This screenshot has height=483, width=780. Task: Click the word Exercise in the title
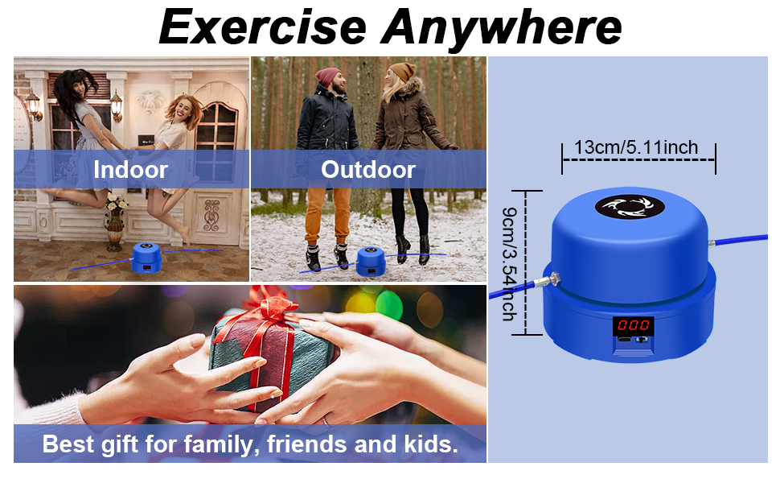click(x=263, y=27)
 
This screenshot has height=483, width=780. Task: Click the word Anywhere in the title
click(x=501, y=30)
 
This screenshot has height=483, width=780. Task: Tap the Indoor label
click(x=130, y=169)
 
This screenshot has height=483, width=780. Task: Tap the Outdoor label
click(x=368, y=169)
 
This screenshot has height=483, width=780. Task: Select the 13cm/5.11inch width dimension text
click(x=636, y=147)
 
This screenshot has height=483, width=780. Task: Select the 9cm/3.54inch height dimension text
click(x=509, y=264)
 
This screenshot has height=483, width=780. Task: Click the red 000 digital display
click(x=634, y=326)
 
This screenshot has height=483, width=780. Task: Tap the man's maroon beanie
click(x=326, y=76)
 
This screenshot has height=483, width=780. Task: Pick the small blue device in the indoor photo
click(x=146, y=258)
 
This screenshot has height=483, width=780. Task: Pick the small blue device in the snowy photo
click(x=371, y=262)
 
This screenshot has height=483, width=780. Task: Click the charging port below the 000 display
click(x=624, y=340)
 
